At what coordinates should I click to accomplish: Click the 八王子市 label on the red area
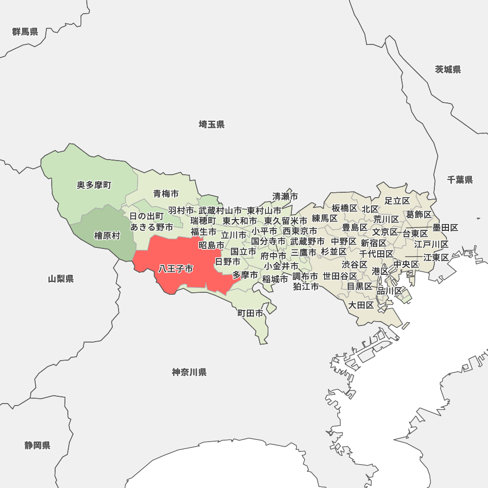175,269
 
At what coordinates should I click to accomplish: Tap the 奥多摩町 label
94,185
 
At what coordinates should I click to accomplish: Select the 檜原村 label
107,236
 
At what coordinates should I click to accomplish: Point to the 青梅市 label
166,194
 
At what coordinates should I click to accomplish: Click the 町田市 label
250,313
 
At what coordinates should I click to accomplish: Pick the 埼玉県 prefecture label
212,125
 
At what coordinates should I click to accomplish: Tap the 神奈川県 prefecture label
189,373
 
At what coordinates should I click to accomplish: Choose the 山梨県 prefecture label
61,279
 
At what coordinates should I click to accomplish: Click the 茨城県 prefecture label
448,69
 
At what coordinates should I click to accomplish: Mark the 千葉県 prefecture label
460,180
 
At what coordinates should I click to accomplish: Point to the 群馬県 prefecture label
25,32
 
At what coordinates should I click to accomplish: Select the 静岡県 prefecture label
38,446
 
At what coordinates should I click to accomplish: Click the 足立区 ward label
397,201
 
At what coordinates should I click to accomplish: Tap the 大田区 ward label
361,305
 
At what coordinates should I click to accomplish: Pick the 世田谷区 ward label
340,276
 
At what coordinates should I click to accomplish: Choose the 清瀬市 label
285,197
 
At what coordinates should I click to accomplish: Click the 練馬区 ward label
325,218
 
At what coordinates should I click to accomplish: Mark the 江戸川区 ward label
431,244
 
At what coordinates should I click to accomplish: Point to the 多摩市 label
245,275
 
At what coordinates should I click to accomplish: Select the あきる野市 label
152,227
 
